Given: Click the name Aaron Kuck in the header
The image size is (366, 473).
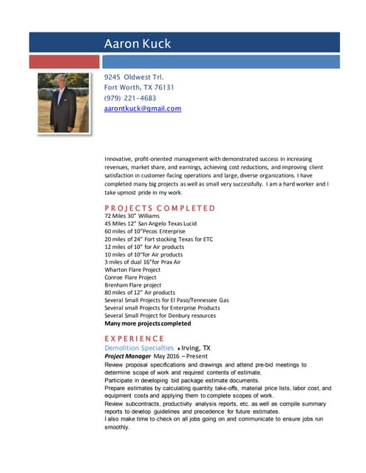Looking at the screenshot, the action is click(138, 44).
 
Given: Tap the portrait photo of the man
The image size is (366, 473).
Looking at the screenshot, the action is click(63, 103).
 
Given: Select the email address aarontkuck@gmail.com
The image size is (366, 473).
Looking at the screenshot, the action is click(143, 109).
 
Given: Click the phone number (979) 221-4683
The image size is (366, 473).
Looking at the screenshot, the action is click(130, 98).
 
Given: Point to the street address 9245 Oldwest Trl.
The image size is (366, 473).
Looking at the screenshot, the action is click(134, 77).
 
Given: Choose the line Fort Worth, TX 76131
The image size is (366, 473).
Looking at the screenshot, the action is click(140, 87).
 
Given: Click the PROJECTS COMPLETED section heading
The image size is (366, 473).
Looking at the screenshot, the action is click(160, 208).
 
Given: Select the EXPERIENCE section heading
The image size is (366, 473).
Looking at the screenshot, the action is click(135, 338).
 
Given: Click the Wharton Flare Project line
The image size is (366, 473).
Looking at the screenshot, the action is click(132, 270).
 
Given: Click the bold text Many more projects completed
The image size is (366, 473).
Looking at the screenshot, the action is click(147, 323).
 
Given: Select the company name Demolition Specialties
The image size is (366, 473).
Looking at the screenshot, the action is click(139, 347).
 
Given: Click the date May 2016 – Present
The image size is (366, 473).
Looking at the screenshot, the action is click(181, 356).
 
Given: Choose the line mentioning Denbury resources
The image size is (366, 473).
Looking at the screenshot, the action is click(160, 316).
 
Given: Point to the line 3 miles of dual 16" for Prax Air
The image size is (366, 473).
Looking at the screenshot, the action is click(143, 262).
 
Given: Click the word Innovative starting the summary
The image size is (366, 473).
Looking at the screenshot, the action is click(121, 159).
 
